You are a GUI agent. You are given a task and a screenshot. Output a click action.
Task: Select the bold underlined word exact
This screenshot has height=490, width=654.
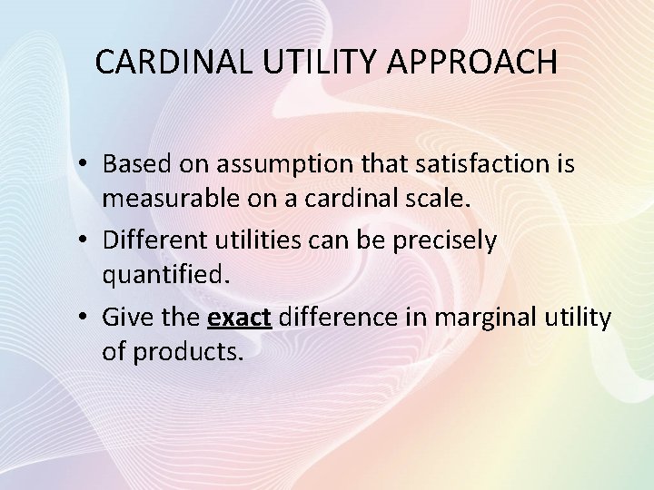click(240, 317)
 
